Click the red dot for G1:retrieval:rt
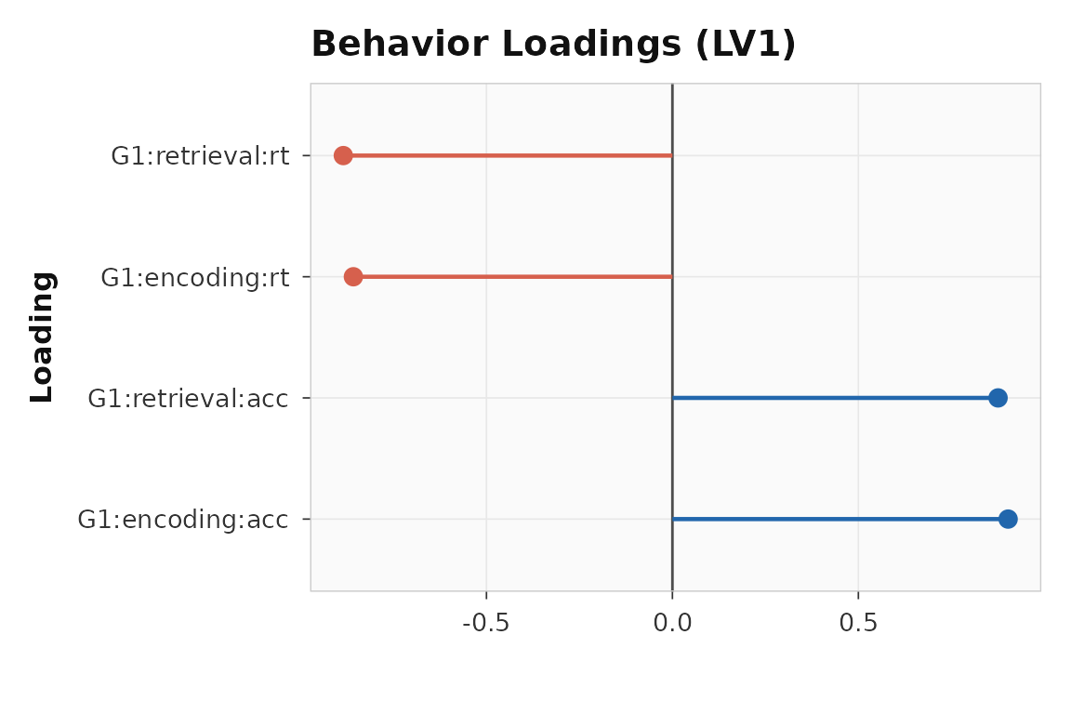(x=343, y=155)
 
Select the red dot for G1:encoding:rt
(x=353, y=276)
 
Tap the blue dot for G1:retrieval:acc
(x=998, y=398)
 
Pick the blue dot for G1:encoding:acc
(x=1008, y=519)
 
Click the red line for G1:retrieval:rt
(x=508, y=155)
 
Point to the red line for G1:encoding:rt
(x=512, y=276)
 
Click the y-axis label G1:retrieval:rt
(x=199, y=157)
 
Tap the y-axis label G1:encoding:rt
(x=194, y=278)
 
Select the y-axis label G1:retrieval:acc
(x=188, y=399)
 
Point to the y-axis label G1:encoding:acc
(x=182, y=520)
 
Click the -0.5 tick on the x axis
(x=485, y=623)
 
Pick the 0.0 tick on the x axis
(x=672, y=623)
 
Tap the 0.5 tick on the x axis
(x=858, y=623)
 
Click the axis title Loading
(x=43, y=337)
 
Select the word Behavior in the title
(x=399, y=45)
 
